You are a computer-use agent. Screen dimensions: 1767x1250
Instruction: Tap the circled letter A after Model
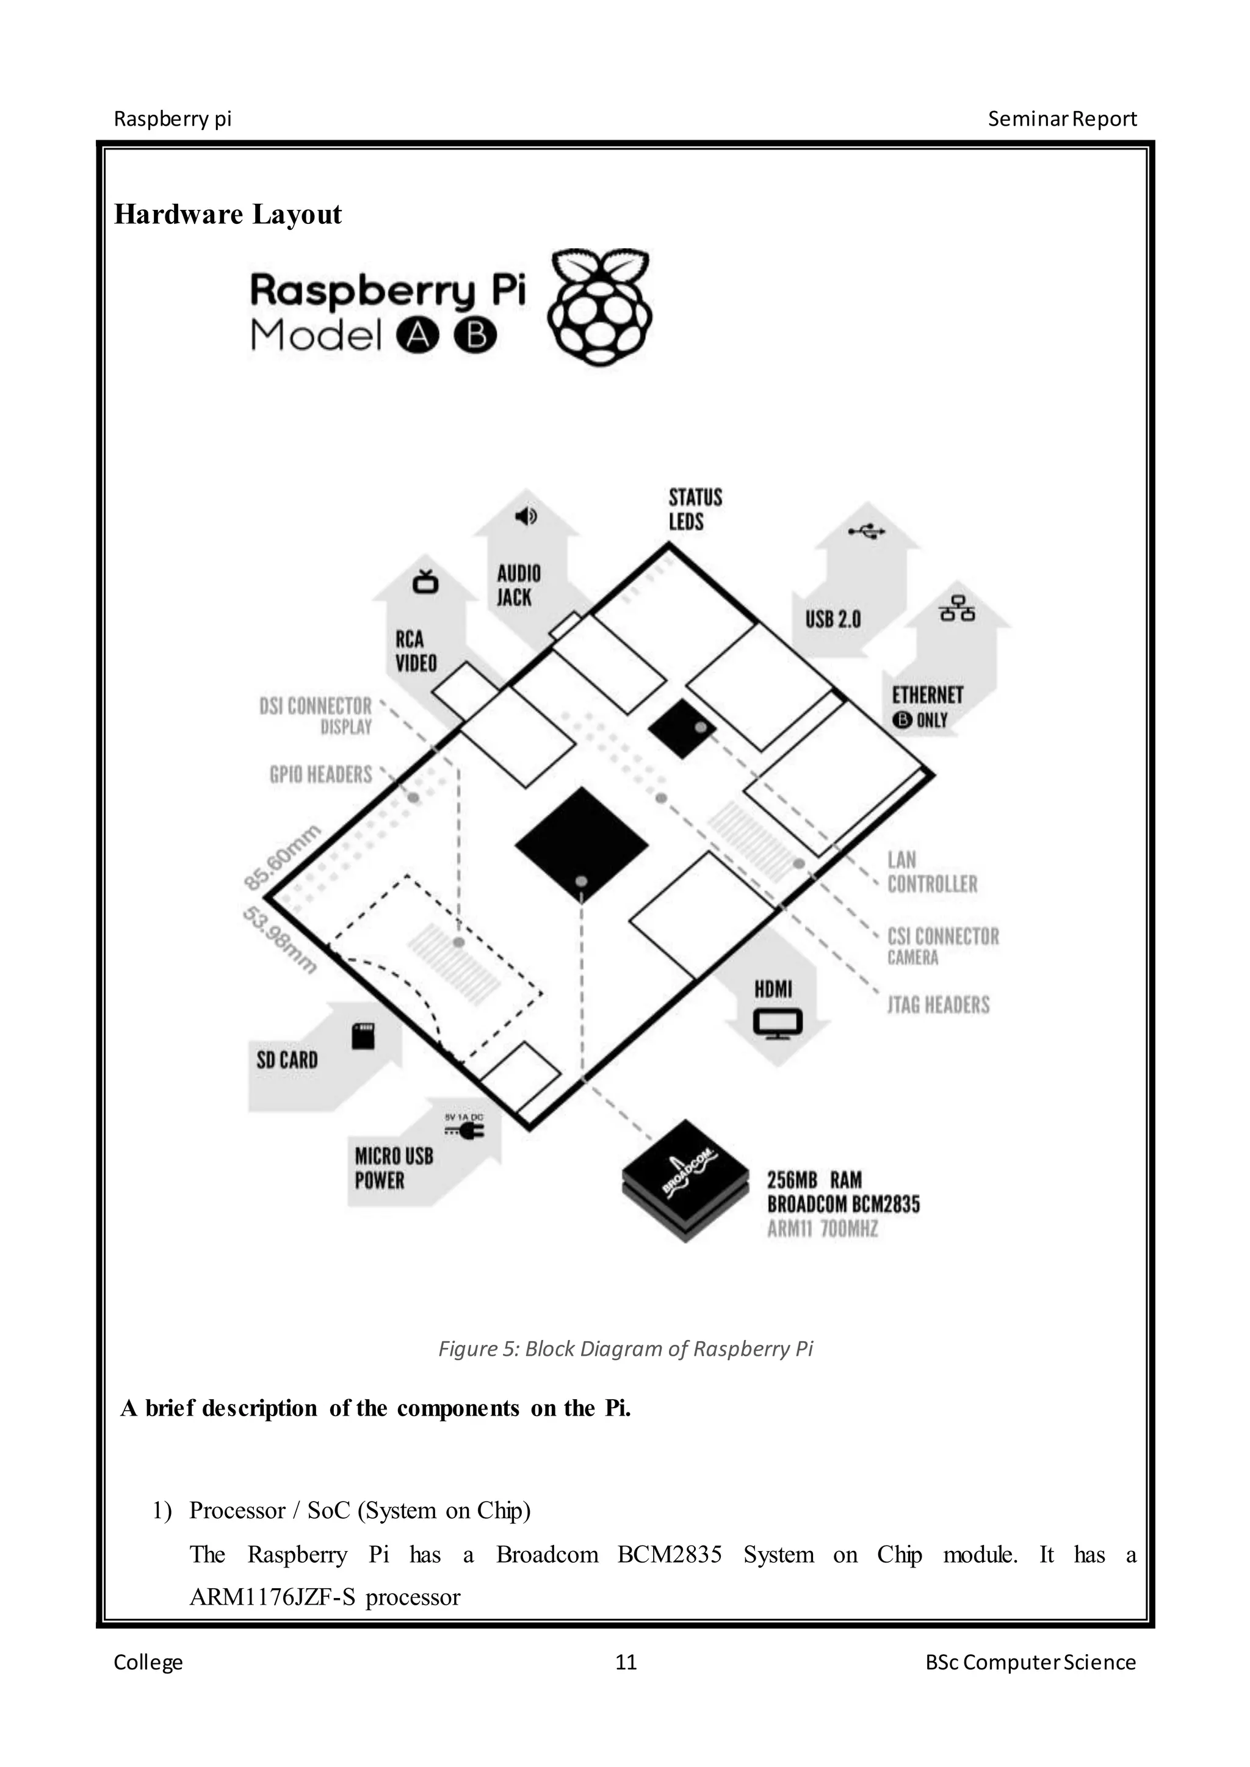tap(417, 336)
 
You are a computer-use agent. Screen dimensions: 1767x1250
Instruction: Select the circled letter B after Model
tap(475, 336)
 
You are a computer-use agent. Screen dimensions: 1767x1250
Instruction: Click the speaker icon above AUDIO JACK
tap(526, 516)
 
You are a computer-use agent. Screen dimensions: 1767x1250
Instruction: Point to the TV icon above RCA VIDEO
tap(425, 582)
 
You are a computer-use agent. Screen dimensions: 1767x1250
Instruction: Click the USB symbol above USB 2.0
tap(867, 531)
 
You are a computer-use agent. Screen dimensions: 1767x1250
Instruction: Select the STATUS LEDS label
tap(695, 509)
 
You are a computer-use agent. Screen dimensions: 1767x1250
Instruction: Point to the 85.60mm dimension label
tap(282, 857)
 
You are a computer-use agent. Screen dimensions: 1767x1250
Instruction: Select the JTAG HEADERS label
tap(938, 1004)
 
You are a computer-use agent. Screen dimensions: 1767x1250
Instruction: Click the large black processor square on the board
tap(581, 843)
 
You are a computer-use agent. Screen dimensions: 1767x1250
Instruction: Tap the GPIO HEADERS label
tap(320, 774)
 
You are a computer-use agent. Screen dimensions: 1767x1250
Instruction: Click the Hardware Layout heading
tap(228, 214)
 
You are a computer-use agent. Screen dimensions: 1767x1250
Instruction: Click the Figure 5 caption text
tap(625, 1349)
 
